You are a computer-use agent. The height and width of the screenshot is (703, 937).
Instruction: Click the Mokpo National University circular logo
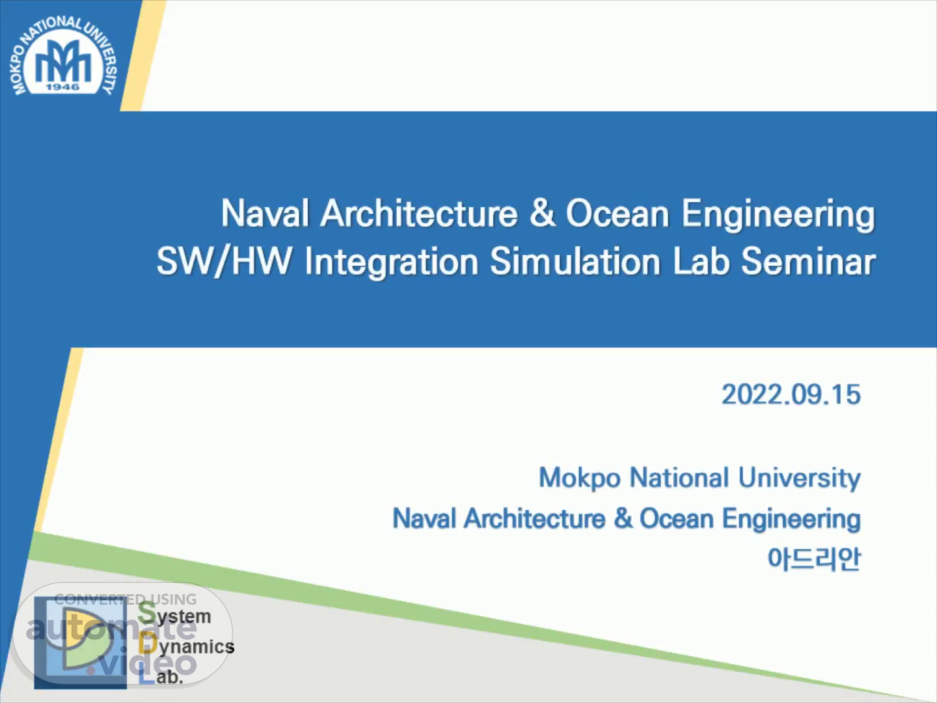(62, 57)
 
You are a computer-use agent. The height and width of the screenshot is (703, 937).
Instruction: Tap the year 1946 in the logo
(62, 87)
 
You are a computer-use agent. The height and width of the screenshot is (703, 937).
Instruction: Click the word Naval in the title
(265, 214)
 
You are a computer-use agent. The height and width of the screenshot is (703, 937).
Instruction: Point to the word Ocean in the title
(618, 214)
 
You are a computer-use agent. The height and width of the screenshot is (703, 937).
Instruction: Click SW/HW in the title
(224, 261)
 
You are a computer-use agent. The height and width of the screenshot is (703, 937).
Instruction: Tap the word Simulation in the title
(575, 261)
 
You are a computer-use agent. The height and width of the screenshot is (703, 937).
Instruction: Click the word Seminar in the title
(808, 261)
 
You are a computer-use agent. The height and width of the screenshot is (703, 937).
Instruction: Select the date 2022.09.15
(791, 394)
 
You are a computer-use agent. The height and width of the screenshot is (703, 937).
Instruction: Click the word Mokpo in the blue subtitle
(580, 478)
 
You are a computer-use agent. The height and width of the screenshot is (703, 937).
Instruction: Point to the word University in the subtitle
(799, 478)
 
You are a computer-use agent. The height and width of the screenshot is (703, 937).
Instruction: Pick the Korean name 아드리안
(814, 559)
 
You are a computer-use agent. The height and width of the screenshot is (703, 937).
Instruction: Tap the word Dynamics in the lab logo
(187, 646)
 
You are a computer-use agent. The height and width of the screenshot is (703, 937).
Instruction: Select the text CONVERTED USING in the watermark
(126, 600)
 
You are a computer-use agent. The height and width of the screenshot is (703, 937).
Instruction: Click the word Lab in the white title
(701, 261)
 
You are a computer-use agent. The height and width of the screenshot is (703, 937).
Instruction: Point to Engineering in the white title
(778, 215)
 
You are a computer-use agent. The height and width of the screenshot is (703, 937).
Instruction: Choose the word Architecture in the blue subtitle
(535, 519)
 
